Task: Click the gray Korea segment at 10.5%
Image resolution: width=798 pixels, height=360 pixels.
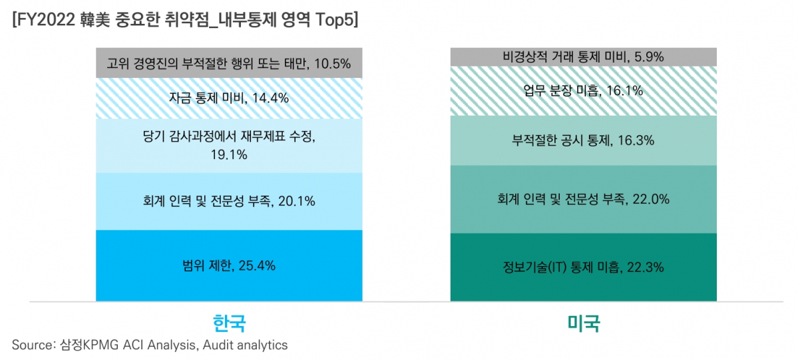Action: point(229,64)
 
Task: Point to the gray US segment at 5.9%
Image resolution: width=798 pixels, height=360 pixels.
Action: point(583,57)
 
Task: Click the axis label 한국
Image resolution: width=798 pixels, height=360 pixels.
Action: point(229,323)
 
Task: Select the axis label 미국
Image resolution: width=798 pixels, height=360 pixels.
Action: point(583,323)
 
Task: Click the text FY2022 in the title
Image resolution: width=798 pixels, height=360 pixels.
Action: point(47,20)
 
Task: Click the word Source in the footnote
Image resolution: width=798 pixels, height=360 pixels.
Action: point(31,345)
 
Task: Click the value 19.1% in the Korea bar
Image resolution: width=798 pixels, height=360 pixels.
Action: point(229,155)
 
